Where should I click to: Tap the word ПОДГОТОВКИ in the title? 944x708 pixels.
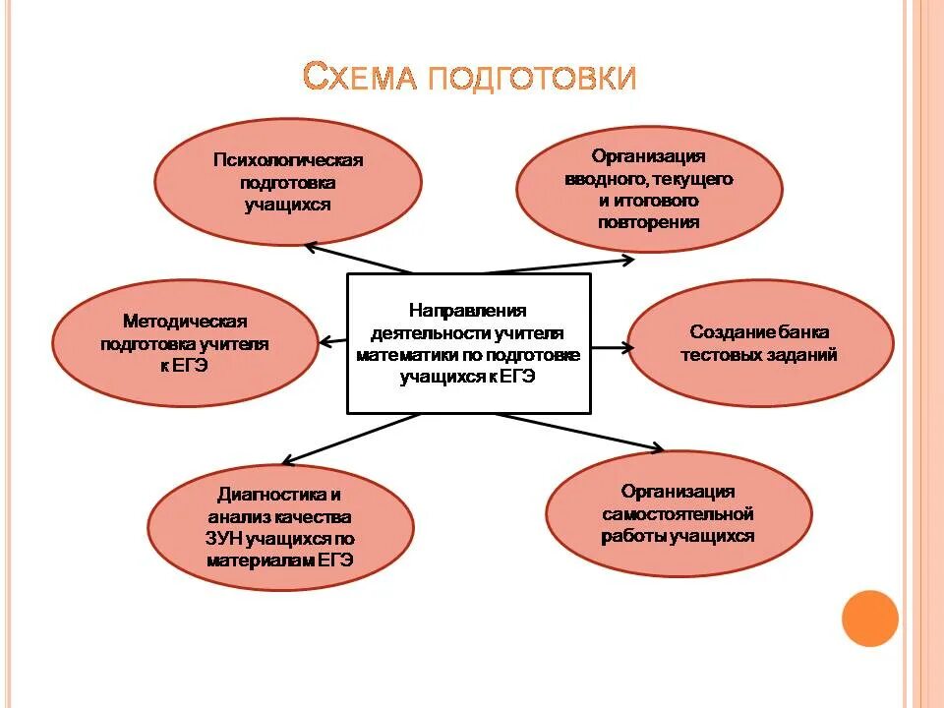point(531,77)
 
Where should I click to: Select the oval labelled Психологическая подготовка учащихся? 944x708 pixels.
point(288,183)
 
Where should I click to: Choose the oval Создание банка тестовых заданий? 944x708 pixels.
point(760,343)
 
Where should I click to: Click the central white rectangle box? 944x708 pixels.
point(469,343)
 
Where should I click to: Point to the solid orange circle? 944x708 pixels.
point(870,618)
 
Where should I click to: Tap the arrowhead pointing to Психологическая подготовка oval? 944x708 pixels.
point(312,246)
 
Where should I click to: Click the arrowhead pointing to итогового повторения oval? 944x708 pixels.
point(629,259)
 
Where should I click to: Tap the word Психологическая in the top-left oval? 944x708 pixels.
point(288,160)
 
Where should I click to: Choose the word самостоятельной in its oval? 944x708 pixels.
point(678,513)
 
